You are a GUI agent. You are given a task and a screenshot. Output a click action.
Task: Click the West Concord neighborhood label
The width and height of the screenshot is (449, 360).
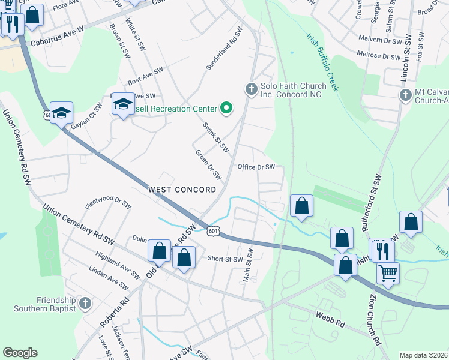click(182, 190)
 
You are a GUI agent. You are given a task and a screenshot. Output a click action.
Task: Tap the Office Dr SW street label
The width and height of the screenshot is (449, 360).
click(256, 167)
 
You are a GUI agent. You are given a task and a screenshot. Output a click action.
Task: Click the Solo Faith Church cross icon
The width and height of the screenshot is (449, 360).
click(252, 89)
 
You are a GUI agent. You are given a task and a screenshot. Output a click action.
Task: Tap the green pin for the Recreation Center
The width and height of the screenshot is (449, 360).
click(226, 108)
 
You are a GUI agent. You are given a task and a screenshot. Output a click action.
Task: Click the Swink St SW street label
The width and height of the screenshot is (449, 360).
click(216, 137)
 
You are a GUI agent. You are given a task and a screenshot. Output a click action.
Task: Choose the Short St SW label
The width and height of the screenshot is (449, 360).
click(225, 259)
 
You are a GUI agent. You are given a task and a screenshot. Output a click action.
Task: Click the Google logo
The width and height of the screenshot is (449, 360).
click(20, 353)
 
